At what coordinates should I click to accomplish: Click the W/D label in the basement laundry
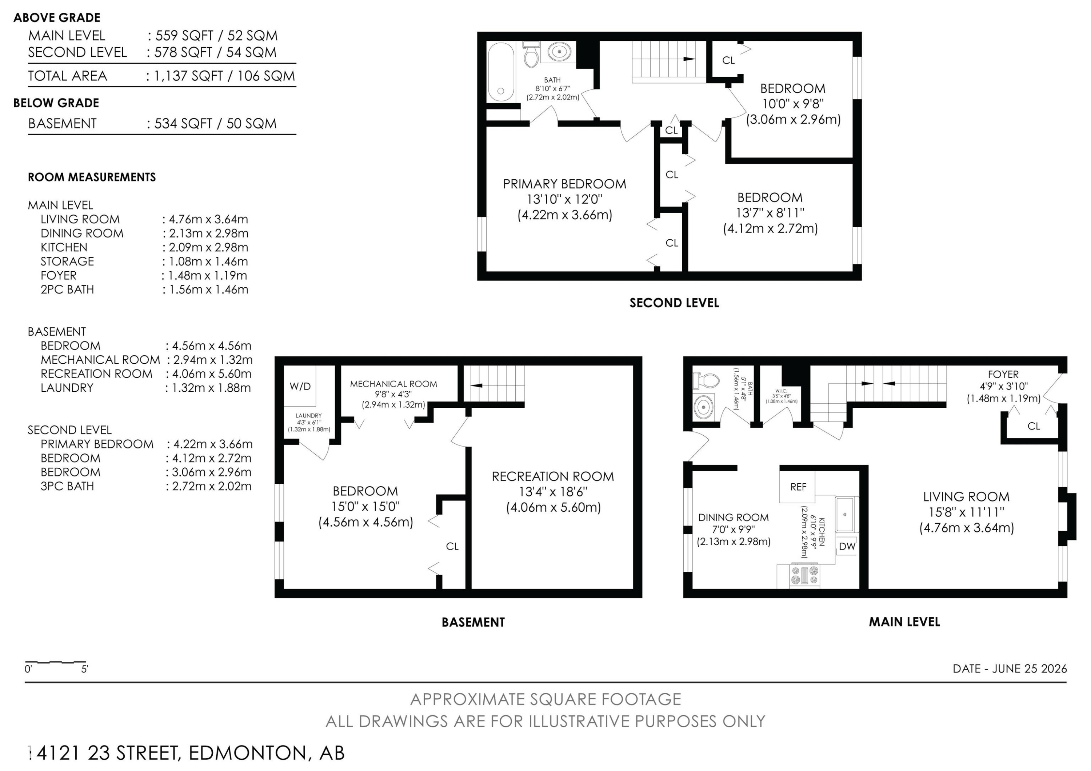pos(300,386)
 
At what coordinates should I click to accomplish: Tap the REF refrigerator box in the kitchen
pos(798,487)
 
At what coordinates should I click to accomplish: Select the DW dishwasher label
pos(847,546)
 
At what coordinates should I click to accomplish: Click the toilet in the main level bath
pos(707,380)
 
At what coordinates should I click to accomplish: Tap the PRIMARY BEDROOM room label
pos(564,184)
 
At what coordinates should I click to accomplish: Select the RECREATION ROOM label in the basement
pos(553,476)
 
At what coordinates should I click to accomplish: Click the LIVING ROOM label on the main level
pos(966,497)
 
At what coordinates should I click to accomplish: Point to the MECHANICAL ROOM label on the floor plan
pos(393,384)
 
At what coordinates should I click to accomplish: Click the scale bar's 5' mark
pos(85,669)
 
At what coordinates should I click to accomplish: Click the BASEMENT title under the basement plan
pos(473,622)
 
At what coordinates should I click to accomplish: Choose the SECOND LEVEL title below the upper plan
pos(674,303)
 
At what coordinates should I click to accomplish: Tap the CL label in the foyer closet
pos(1034,426)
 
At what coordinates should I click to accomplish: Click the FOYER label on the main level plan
pos(1003,374)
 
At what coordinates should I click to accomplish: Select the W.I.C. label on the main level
pos(781,391)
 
